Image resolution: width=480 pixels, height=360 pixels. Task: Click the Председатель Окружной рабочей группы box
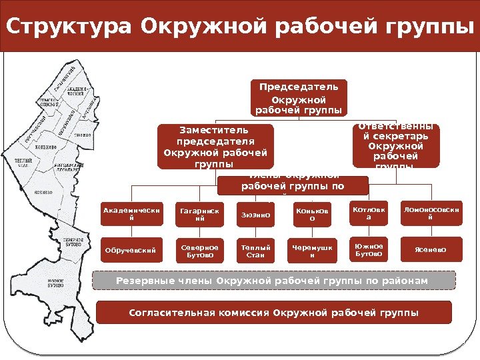pos(299,97)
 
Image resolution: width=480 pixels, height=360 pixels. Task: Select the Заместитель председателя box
pos(215,145)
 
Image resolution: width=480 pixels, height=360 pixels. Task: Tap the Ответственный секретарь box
pos(396,145)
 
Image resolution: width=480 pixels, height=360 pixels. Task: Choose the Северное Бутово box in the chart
pos(195,250)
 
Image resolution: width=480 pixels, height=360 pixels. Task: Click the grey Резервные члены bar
pos(273,280)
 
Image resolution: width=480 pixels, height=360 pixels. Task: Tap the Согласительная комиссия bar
pos(274,312)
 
